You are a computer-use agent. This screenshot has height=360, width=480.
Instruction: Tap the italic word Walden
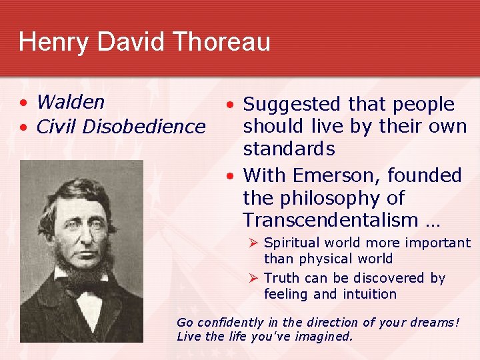click(x=71, y=102)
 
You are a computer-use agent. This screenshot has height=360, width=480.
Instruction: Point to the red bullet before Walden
click(x=23, y=103)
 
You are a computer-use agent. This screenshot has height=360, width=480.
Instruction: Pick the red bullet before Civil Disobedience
click(x=23, y=127)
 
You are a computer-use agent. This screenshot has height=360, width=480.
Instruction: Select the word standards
click(x=289, y=148)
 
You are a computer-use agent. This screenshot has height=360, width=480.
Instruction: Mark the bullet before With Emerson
click(x=229, y=177)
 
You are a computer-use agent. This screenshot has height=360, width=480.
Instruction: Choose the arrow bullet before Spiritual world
click(x=253, y=243)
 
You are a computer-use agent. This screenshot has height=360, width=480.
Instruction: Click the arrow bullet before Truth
click(x=253, y=278)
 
